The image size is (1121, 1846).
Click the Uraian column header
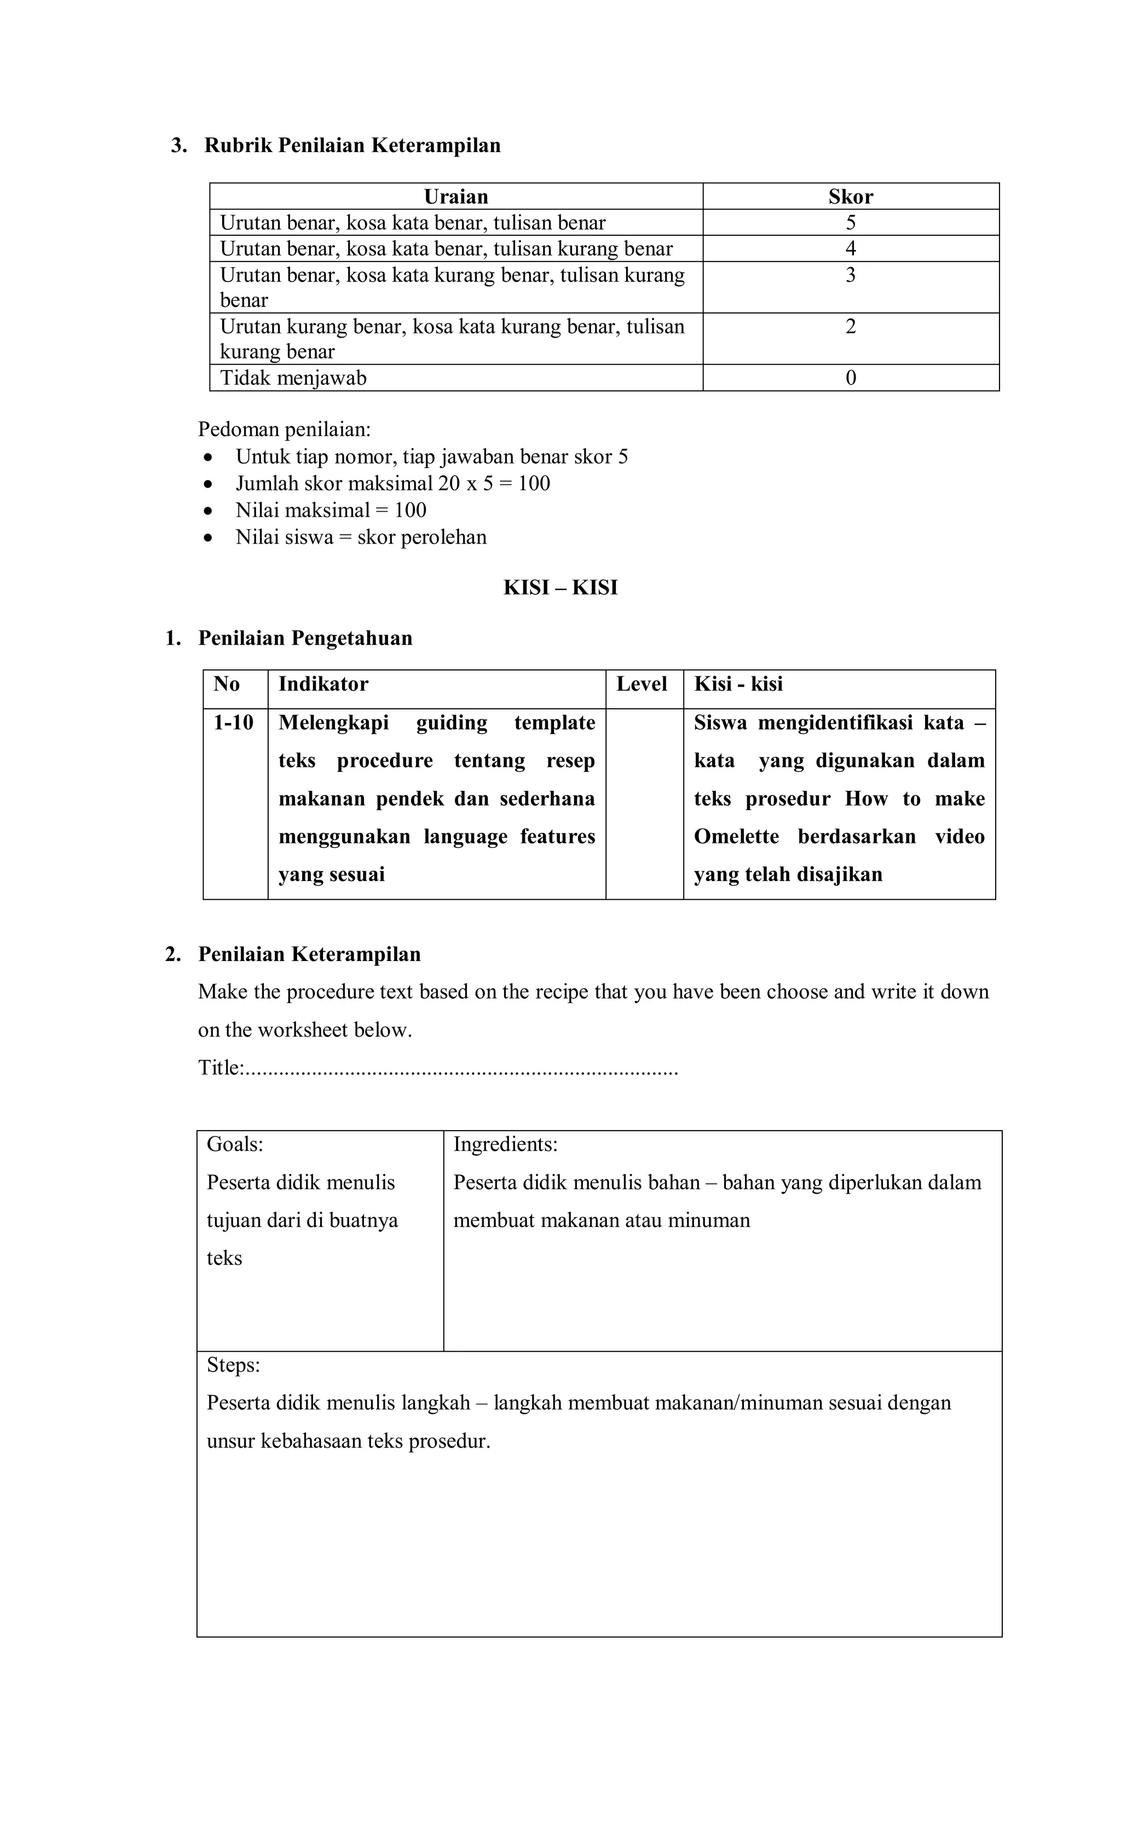pos(455,196)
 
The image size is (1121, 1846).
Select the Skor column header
pos(851,196)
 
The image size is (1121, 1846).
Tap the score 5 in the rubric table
pos(851,223)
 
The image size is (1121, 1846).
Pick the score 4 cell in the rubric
pos(851,248)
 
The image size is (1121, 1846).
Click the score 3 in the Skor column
pos(851,275)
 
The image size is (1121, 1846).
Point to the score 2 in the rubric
pos(851,327)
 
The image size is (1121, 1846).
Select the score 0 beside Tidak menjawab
pos(851,378)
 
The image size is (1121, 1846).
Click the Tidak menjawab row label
pos(293,378)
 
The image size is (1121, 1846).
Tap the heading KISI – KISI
pos(560,587)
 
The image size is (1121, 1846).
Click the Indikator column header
pos(323,684)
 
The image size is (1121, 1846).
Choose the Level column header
pos(642,684)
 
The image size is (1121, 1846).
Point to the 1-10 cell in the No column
pos(233,723)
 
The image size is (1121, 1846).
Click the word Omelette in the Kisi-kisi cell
pos(736,837)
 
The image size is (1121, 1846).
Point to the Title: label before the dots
pos(220,1068)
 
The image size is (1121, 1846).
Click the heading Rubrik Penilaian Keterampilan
pos(352,146)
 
